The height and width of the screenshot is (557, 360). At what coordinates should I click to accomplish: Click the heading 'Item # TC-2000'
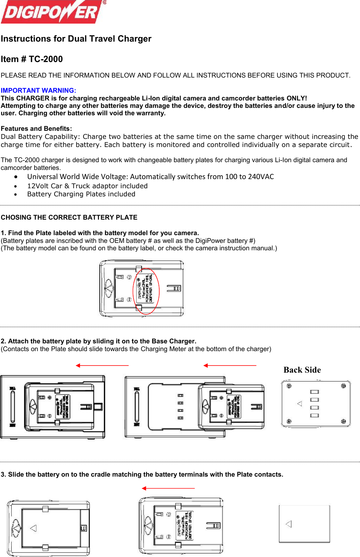tap(32, 59)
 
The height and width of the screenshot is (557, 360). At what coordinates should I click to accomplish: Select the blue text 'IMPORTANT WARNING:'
tap(38, 91)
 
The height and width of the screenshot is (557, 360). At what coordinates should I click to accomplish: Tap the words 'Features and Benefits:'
tap(36, 129)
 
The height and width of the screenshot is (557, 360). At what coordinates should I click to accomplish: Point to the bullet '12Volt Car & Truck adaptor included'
tap(87, 186)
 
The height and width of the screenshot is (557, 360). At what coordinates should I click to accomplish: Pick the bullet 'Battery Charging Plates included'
tap(81, 194)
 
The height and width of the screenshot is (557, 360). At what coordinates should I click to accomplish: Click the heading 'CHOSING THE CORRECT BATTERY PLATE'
tap(69, 218)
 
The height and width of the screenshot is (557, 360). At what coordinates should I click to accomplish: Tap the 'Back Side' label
tap(302, 370)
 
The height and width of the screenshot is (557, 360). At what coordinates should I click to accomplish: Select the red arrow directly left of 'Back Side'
tap(230, 366)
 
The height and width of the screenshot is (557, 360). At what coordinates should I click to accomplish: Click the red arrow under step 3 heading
tap(168, 488)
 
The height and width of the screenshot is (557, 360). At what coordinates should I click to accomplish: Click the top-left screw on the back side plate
tap(289, 386)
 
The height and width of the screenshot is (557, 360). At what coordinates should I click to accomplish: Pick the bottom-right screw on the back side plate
tap(343, 421)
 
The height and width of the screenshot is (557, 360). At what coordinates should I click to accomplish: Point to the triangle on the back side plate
tap(300, 404)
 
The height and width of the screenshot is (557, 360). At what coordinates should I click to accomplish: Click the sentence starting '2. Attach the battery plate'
tap(99, 341)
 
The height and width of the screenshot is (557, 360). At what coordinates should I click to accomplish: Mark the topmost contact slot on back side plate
tap(315, 392)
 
